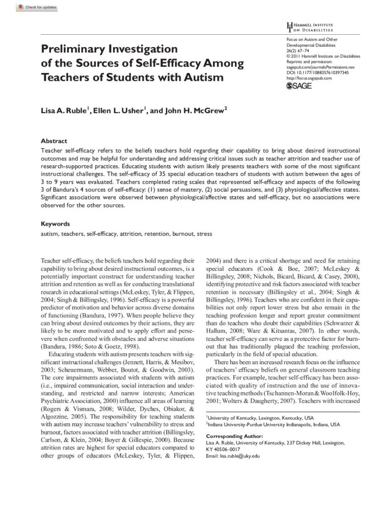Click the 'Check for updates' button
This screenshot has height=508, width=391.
37,7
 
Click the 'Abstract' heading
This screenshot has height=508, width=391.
54,141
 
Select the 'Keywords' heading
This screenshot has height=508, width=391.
55,224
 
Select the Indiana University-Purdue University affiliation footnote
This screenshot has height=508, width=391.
273,425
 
